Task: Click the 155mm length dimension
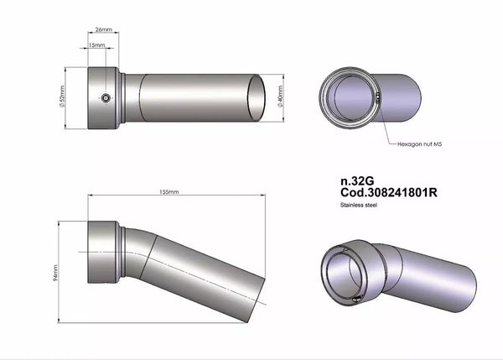coord(169,192)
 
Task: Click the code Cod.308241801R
coord(388,192)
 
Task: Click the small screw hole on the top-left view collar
coord(106,98)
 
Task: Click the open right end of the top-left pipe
coord(260,98)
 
